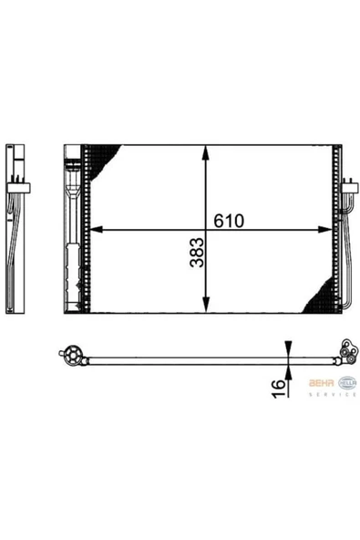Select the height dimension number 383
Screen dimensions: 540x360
[x=196, y=258]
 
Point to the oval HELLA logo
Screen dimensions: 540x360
[x=347, y=383]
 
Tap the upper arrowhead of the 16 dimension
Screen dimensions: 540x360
[x=288, y=348]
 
